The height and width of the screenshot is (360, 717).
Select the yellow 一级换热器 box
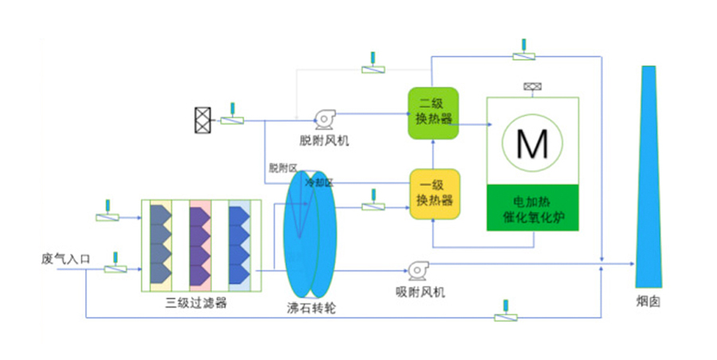pos(435,194)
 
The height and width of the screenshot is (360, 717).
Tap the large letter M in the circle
pos(532,143)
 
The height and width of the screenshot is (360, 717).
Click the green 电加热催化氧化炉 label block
pos(533,209)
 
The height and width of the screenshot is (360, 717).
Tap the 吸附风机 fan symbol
pos(417,270)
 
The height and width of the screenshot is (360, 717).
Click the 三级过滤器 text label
pos(196,302)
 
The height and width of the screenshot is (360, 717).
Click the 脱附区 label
pos(282,168)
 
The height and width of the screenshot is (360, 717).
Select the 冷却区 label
pos(319,182)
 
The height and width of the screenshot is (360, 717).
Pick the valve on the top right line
pos(523,55)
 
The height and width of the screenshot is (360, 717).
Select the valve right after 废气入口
pos(115,269)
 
